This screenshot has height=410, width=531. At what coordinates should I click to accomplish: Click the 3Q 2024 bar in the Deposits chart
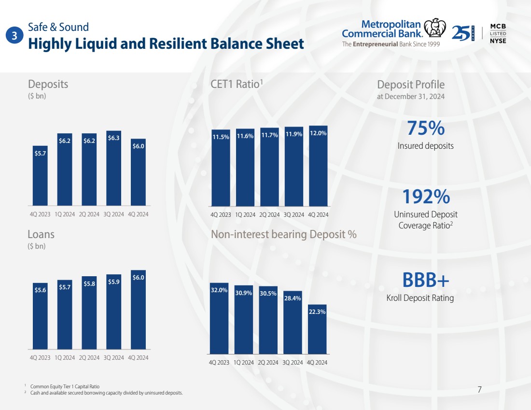pyautogui.click(x=114, y=169)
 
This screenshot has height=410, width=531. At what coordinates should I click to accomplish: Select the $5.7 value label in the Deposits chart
pyautogui.click(x=41, y=153)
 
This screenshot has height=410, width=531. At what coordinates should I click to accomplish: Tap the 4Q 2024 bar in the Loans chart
pyautogui.click(x=139, y=309)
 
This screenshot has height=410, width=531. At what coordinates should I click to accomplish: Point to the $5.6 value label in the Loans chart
pyautogui.click(x=41, y=290)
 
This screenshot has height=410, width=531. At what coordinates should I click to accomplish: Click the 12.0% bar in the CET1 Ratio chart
pyautogui.click(x=318, y=167)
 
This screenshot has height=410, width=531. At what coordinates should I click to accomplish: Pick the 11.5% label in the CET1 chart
pyautogui.click(x=221, y=137)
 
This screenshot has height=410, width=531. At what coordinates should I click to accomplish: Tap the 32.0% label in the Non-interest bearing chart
pyautogui.click(x=219, y=290)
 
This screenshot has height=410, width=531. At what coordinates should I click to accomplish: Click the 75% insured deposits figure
pyautogui.click(x=425, y=128)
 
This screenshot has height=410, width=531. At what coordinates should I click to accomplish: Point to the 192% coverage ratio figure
pyautogui.click(x=426, y=197)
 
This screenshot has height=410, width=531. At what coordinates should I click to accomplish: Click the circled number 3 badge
pyautogui.click(x=15, y=35)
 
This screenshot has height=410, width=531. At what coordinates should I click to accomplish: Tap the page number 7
pyautogui.click(x=479, y=389)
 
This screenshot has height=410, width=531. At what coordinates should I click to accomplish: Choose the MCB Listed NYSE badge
pyautogui.click(x=498, y=33)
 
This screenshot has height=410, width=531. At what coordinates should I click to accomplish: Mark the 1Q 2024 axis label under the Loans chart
pyautogui.click(x=65, y=358)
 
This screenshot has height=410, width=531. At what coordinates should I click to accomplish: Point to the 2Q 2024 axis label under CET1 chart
pyautogui.click(x=269, y=214)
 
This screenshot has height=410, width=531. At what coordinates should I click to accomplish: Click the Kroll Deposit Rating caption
pyautogui.click(x=420, y=298)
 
